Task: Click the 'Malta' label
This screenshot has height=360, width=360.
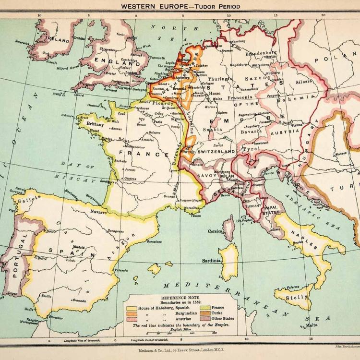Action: click(x=312, y=325)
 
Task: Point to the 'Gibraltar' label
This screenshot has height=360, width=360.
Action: click(x=56, y=318)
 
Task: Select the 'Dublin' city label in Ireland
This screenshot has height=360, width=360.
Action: click(x=79, y=39)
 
